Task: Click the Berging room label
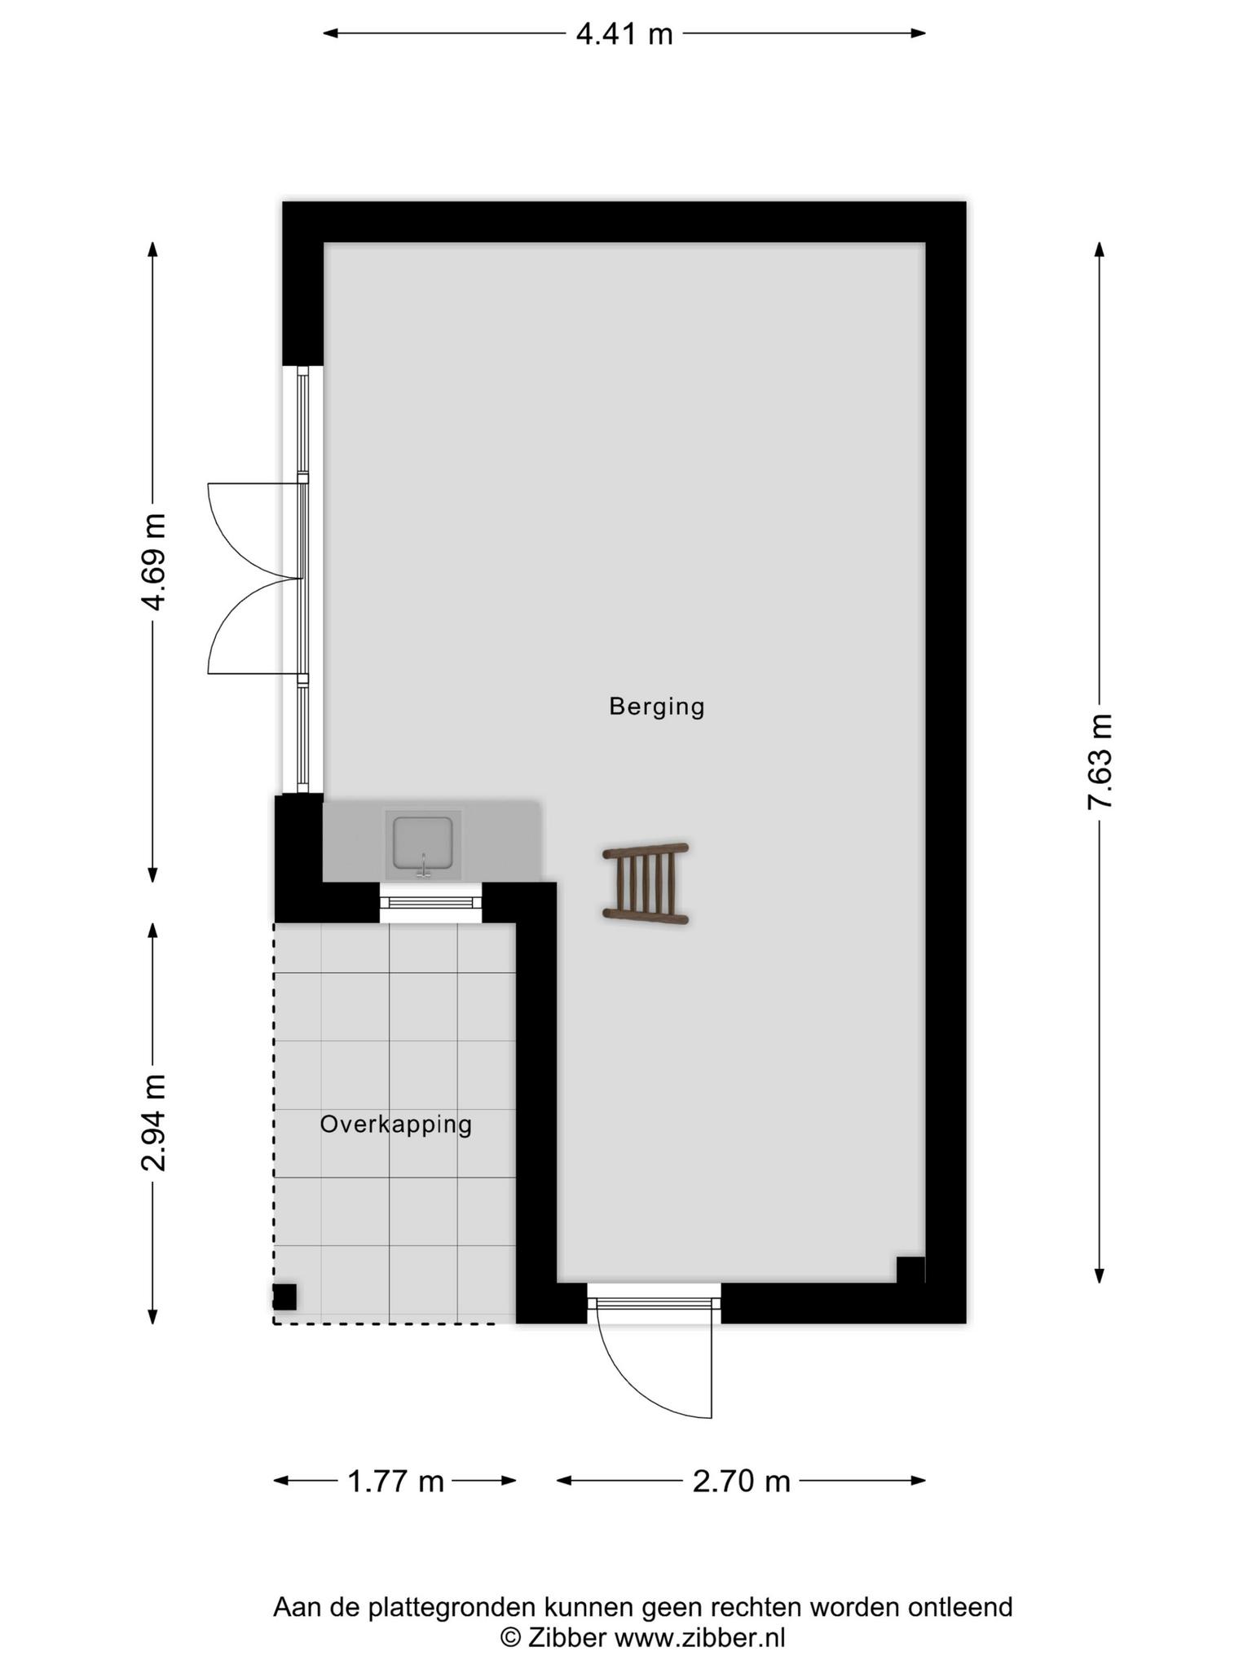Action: click(x=656, y=707)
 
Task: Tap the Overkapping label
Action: click(x=395, y=1125)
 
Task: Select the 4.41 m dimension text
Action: click(x=624, y=34)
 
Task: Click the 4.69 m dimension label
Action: click(x=153, y=561)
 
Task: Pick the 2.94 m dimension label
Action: click(x=153, y=1123)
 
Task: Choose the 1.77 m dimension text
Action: click(x=395, y=1481)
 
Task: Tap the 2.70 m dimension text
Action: click(x=741, y=1481)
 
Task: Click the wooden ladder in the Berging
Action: click(x=646, y=884)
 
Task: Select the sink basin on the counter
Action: click(x=423, y=843)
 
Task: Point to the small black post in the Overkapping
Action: click(x=284, y=1297)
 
